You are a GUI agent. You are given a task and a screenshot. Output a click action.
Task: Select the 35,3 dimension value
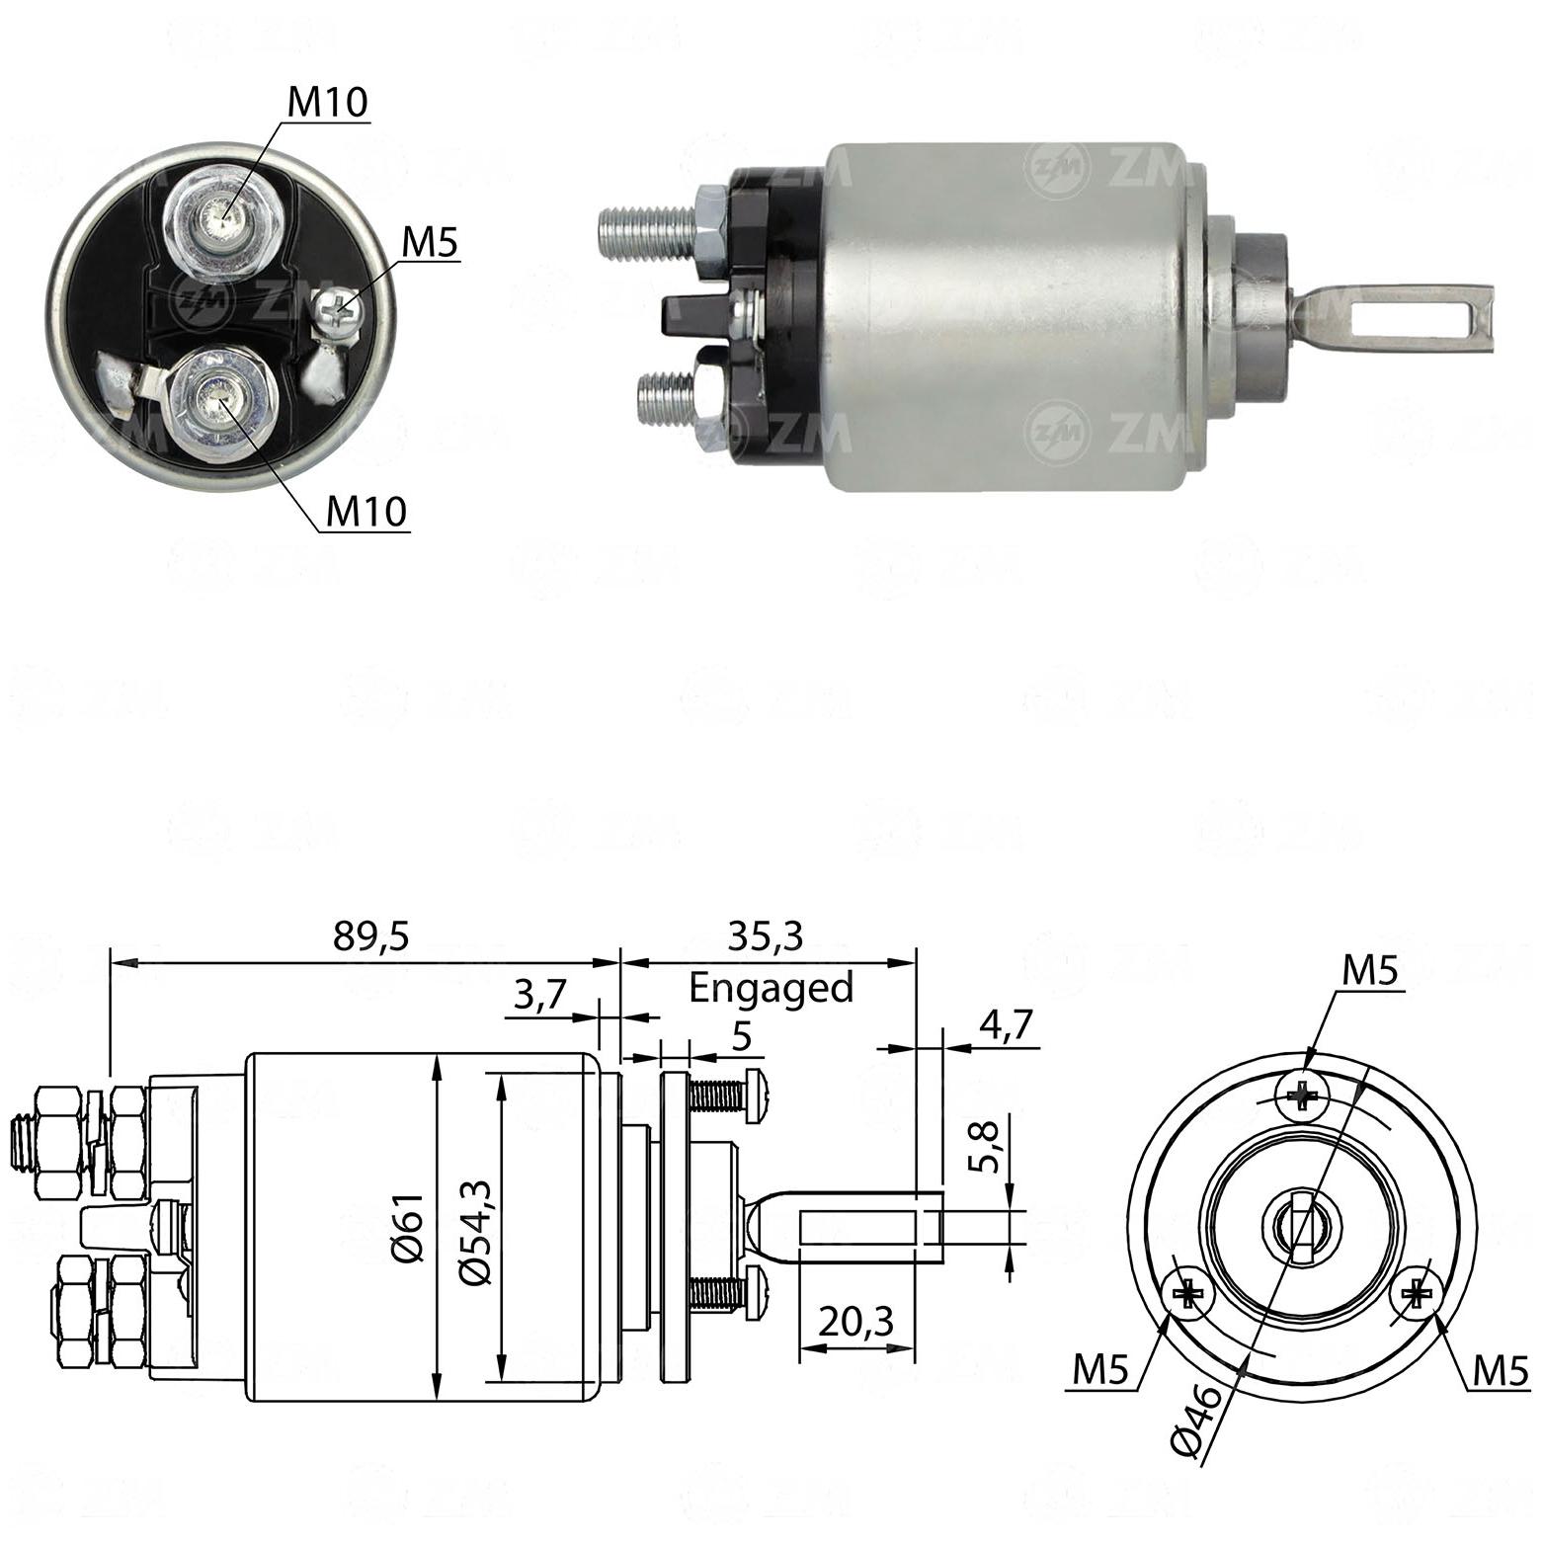point(766,935)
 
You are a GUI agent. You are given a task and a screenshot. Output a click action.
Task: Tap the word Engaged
point(771,988)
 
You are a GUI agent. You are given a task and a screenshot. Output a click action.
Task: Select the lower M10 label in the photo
point(366,511)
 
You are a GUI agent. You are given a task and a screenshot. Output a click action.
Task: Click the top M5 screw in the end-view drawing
point(1302,1096)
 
